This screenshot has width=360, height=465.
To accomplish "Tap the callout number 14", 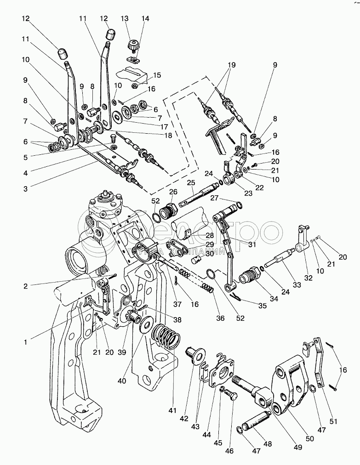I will click(x=145, y=19).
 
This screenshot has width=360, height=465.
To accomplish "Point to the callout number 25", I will click(x=191, y=183).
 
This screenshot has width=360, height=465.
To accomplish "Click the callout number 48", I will click(x=267, y=445).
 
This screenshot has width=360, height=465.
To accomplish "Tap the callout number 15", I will click(x=157, y=75).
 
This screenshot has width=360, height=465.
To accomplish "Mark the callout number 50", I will click(x=310, y=439).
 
